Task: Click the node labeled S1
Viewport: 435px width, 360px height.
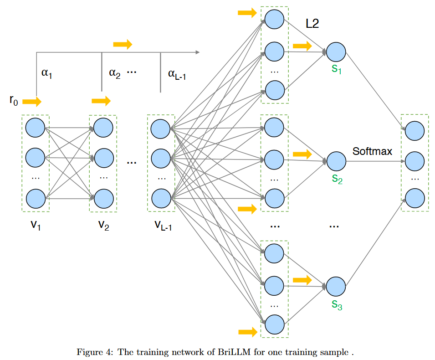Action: point(336,52)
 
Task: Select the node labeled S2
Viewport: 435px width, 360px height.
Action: point(336,161)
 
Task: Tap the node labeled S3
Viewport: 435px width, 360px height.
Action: point(336,286)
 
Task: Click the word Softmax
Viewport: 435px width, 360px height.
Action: point(372,151)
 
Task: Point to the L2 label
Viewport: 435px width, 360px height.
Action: point(312,25)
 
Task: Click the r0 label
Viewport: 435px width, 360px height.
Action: point(14,100)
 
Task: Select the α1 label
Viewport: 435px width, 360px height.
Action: point(46,74)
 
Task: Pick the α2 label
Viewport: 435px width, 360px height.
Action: point(114,73)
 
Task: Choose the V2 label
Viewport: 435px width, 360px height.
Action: point(103,225)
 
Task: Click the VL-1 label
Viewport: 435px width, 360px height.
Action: point(163,225)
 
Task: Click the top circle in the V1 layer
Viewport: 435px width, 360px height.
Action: point(35,127)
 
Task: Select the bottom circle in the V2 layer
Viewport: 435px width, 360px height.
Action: point(104,198)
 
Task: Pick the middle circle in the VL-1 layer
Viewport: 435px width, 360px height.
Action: point(160,158)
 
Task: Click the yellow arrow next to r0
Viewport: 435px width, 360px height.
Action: point(31,101)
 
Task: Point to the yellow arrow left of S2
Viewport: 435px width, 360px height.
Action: point(302,154)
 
